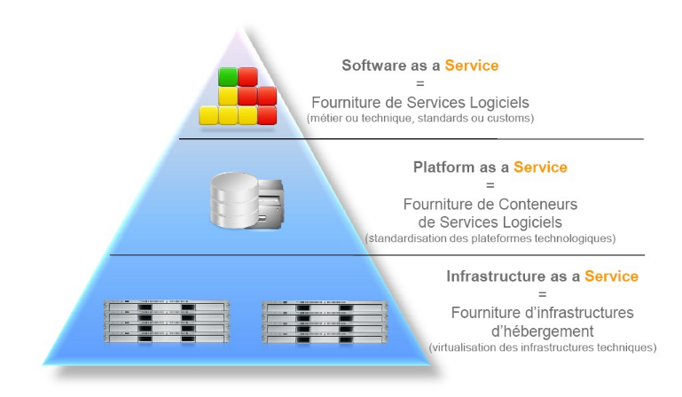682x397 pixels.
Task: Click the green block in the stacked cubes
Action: (x=228, y=77)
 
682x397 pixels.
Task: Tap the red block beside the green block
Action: (x=247, y=77)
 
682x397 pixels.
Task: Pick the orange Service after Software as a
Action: (x=471, y=66)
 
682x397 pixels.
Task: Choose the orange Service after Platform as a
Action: (x=540, y=167)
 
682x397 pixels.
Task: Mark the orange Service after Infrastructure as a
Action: (x=610, y=276)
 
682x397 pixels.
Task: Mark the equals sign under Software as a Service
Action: (x=419, y=83)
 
